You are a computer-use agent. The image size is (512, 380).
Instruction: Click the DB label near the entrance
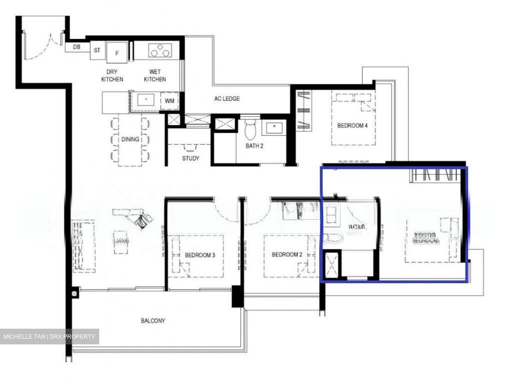coord(76,47)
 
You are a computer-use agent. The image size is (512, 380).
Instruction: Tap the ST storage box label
coord(97,50)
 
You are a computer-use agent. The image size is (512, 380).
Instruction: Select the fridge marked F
coord(117,53)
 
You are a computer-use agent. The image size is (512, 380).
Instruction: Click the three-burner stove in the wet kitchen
coord(160,51)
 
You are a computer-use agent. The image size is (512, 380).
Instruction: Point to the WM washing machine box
coord(170,101)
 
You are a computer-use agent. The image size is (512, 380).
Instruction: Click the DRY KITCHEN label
coord(112,76)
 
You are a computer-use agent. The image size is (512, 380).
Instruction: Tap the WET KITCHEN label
coord(155,76)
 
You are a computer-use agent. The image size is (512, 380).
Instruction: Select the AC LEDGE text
coord(227,99)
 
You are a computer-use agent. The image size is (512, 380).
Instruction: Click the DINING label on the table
coord(130,139)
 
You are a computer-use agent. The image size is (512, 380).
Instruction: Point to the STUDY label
coord(191,158)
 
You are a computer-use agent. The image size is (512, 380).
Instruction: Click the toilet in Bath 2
coord(251,129)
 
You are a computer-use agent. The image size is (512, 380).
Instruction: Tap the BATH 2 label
coord(254,146)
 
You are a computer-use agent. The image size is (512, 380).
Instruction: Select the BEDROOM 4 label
coord(352,125)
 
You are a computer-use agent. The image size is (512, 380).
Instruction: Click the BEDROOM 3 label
coord(200,255)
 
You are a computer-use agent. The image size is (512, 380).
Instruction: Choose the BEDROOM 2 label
coord(287,255)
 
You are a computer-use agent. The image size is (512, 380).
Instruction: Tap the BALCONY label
coord(153,321)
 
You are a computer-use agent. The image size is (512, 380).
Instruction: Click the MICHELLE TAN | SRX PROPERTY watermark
coord(49,337)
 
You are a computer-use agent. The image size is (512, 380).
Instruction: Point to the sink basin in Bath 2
coord(274,127)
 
